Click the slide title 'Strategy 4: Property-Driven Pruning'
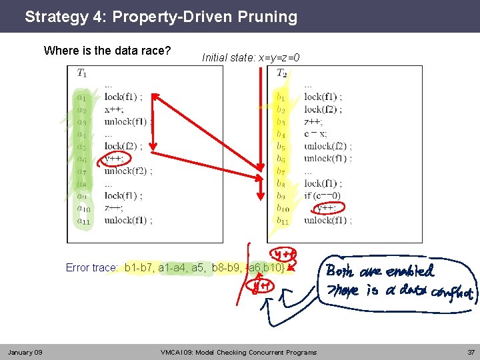161,17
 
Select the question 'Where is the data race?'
107,51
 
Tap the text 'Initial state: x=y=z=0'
251,58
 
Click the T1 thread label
82,73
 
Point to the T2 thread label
282,73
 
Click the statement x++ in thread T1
113,109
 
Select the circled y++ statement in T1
115,159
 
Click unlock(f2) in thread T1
128,171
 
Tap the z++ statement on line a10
113,207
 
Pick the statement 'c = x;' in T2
315,134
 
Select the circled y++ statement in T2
325,207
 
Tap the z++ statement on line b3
313,122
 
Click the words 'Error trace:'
92,268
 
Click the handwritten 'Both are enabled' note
380,271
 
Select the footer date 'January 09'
25,352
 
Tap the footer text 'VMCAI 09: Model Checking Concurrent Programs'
239,352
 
